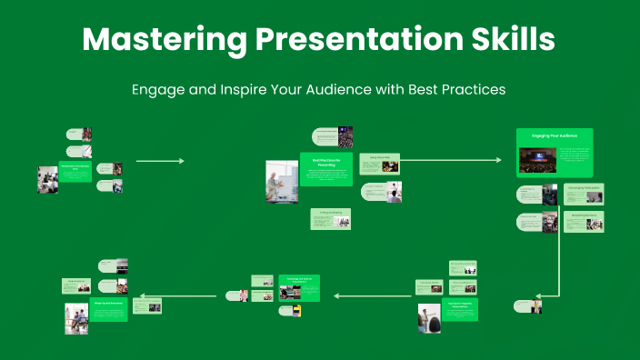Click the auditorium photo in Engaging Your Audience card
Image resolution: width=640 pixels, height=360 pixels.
[x=537, y=160]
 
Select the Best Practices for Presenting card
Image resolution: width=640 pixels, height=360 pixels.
[x=325, y=169]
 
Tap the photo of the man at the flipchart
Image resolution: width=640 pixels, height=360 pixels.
[x=282, y=181]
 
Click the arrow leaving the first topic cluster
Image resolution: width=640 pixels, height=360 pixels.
[x=159, y=161]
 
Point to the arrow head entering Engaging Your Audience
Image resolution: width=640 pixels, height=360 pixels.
[x=497, y=160]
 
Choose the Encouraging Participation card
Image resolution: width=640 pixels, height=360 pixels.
[x=583, y=193]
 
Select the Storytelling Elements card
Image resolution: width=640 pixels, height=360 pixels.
[x=583, y=221]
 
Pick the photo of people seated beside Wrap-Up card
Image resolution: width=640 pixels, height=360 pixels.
[x=76, y=318]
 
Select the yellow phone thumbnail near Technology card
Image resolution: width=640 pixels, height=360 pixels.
[x=296, y=311]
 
